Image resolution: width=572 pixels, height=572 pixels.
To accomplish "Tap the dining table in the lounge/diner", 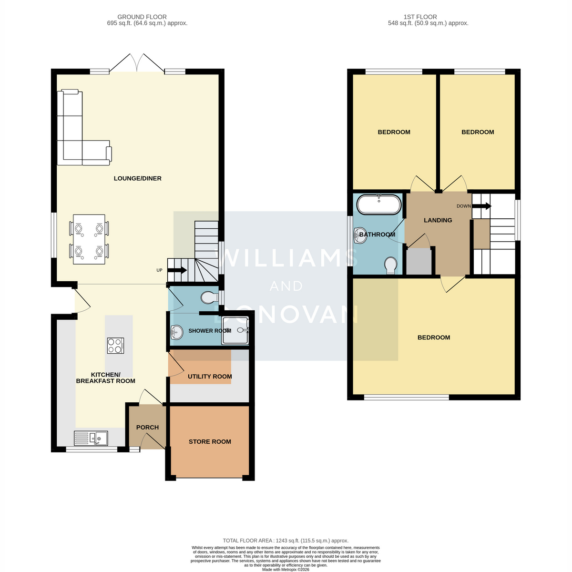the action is point(89,239).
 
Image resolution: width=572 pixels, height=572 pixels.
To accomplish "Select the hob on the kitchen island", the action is point(115,346).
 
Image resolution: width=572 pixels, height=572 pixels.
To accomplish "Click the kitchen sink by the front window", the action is point(91,438).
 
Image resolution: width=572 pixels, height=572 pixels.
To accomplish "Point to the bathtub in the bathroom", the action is point(379,204).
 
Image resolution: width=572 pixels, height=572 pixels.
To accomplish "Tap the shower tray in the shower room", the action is point(235,330).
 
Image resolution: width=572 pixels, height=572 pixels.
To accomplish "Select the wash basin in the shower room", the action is point(177,332).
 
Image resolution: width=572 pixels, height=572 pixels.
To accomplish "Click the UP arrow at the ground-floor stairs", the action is point(177,270).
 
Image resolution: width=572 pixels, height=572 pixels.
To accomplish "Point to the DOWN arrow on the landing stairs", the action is point(481,206).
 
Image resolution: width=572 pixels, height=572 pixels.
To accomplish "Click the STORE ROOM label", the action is point(210,442).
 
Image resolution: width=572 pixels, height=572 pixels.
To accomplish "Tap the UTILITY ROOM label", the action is point(210,377).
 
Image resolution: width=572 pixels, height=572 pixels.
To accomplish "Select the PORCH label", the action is point(147,428).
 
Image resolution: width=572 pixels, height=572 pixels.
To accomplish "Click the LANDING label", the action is point(438,220).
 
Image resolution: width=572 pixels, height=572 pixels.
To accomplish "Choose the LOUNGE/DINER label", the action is point(138,178).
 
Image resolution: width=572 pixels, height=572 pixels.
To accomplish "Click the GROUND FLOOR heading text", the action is point(142,17).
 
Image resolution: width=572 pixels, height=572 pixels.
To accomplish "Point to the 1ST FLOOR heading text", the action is point(420,17).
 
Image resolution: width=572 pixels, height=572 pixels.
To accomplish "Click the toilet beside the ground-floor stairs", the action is point(209,297).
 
